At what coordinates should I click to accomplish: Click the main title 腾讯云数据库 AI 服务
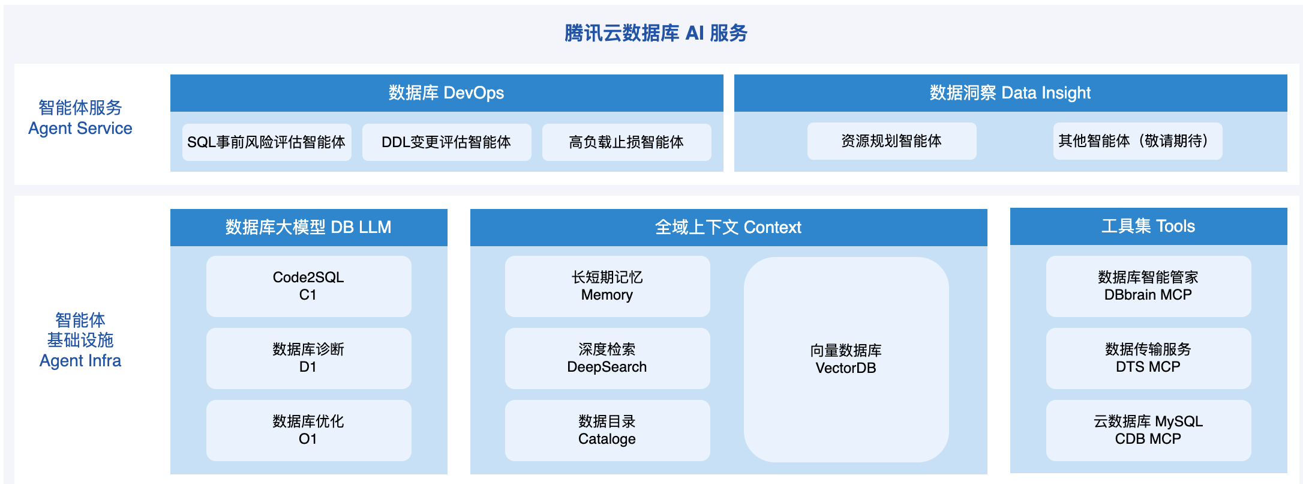tap(656, 33)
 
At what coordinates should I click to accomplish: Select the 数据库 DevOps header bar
tap(446, 93)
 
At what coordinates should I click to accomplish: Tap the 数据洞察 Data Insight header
tap(1010, 93)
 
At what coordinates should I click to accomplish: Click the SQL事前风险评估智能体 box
tap(266, 142)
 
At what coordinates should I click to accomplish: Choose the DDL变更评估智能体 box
tap(446, 142)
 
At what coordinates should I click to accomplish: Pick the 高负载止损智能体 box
tap(626, 142)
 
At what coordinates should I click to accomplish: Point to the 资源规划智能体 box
tap(891, 141)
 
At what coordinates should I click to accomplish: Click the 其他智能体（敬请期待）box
tap(1137, 141)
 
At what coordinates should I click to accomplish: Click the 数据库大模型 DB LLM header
tap(308, 228)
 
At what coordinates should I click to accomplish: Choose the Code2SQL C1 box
tap(308, 286)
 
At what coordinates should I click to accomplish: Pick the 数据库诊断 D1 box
tap(308, 358)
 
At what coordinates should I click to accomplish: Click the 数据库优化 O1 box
tap(308, 431)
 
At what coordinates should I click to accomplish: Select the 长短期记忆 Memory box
tap(607, 286)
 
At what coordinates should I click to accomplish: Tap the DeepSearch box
tap(607, 358)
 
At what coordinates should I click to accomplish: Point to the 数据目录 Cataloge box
tap(607, 431)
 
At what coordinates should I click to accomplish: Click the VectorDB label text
tap(846, 368)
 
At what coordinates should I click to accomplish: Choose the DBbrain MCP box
tap(1148, 286)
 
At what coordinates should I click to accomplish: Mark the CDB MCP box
tap(1148, 431)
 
